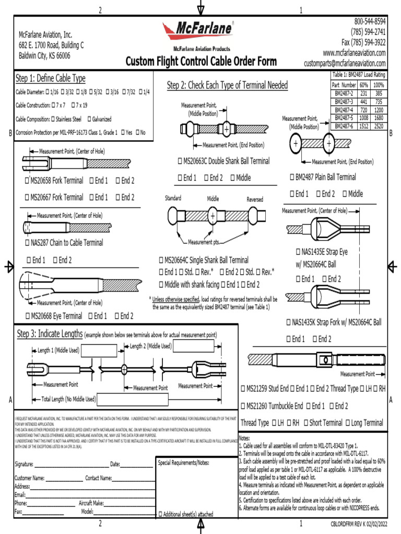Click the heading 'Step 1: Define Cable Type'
(x=51, y=79)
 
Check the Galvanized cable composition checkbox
(x=89, y=119)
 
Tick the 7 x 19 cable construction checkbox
(x=73, y=105)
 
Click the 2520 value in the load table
(x=379, y=126)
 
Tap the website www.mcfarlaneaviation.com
(x=354, y=53)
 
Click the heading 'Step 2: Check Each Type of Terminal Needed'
(x=227, y=86)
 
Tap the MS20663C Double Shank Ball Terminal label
(x=224, y=161)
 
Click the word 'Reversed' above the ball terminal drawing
(x=255, y=200)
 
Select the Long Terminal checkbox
(x=348, y=423)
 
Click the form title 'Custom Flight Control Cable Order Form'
(x=201, y=62)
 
